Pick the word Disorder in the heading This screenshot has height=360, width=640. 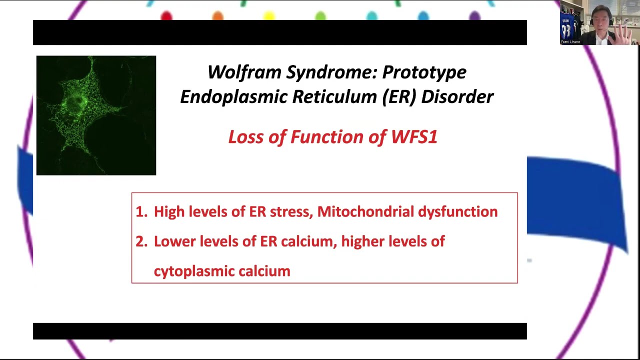click(x=457, y=97)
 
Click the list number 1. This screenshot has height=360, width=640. click(x=141, y=212)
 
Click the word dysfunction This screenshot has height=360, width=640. click(x=457, y=212)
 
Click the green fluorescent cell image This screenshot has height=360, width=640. click(x=96, y=115)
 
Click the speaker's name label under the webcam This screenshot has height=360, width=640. click(x=570, y=42)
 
